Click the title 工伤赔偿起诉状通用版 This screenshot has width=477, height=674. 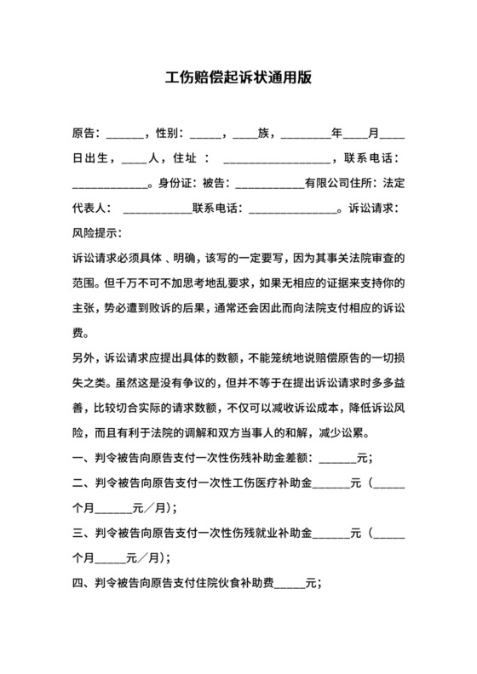tap(238, 78)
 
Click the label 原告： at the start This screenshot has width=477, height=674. tap(87, 134)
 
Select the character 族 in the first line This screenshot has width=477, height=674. tap(263, 134)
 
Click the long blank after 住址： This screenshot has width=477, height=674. tap(276, 160)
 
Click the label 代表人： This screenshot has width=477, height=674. tap(92, 208)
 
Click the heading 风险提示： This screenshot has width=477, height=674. tap(97, 232)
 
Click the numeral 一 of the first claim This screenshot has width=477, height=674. tap(77, 458)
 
